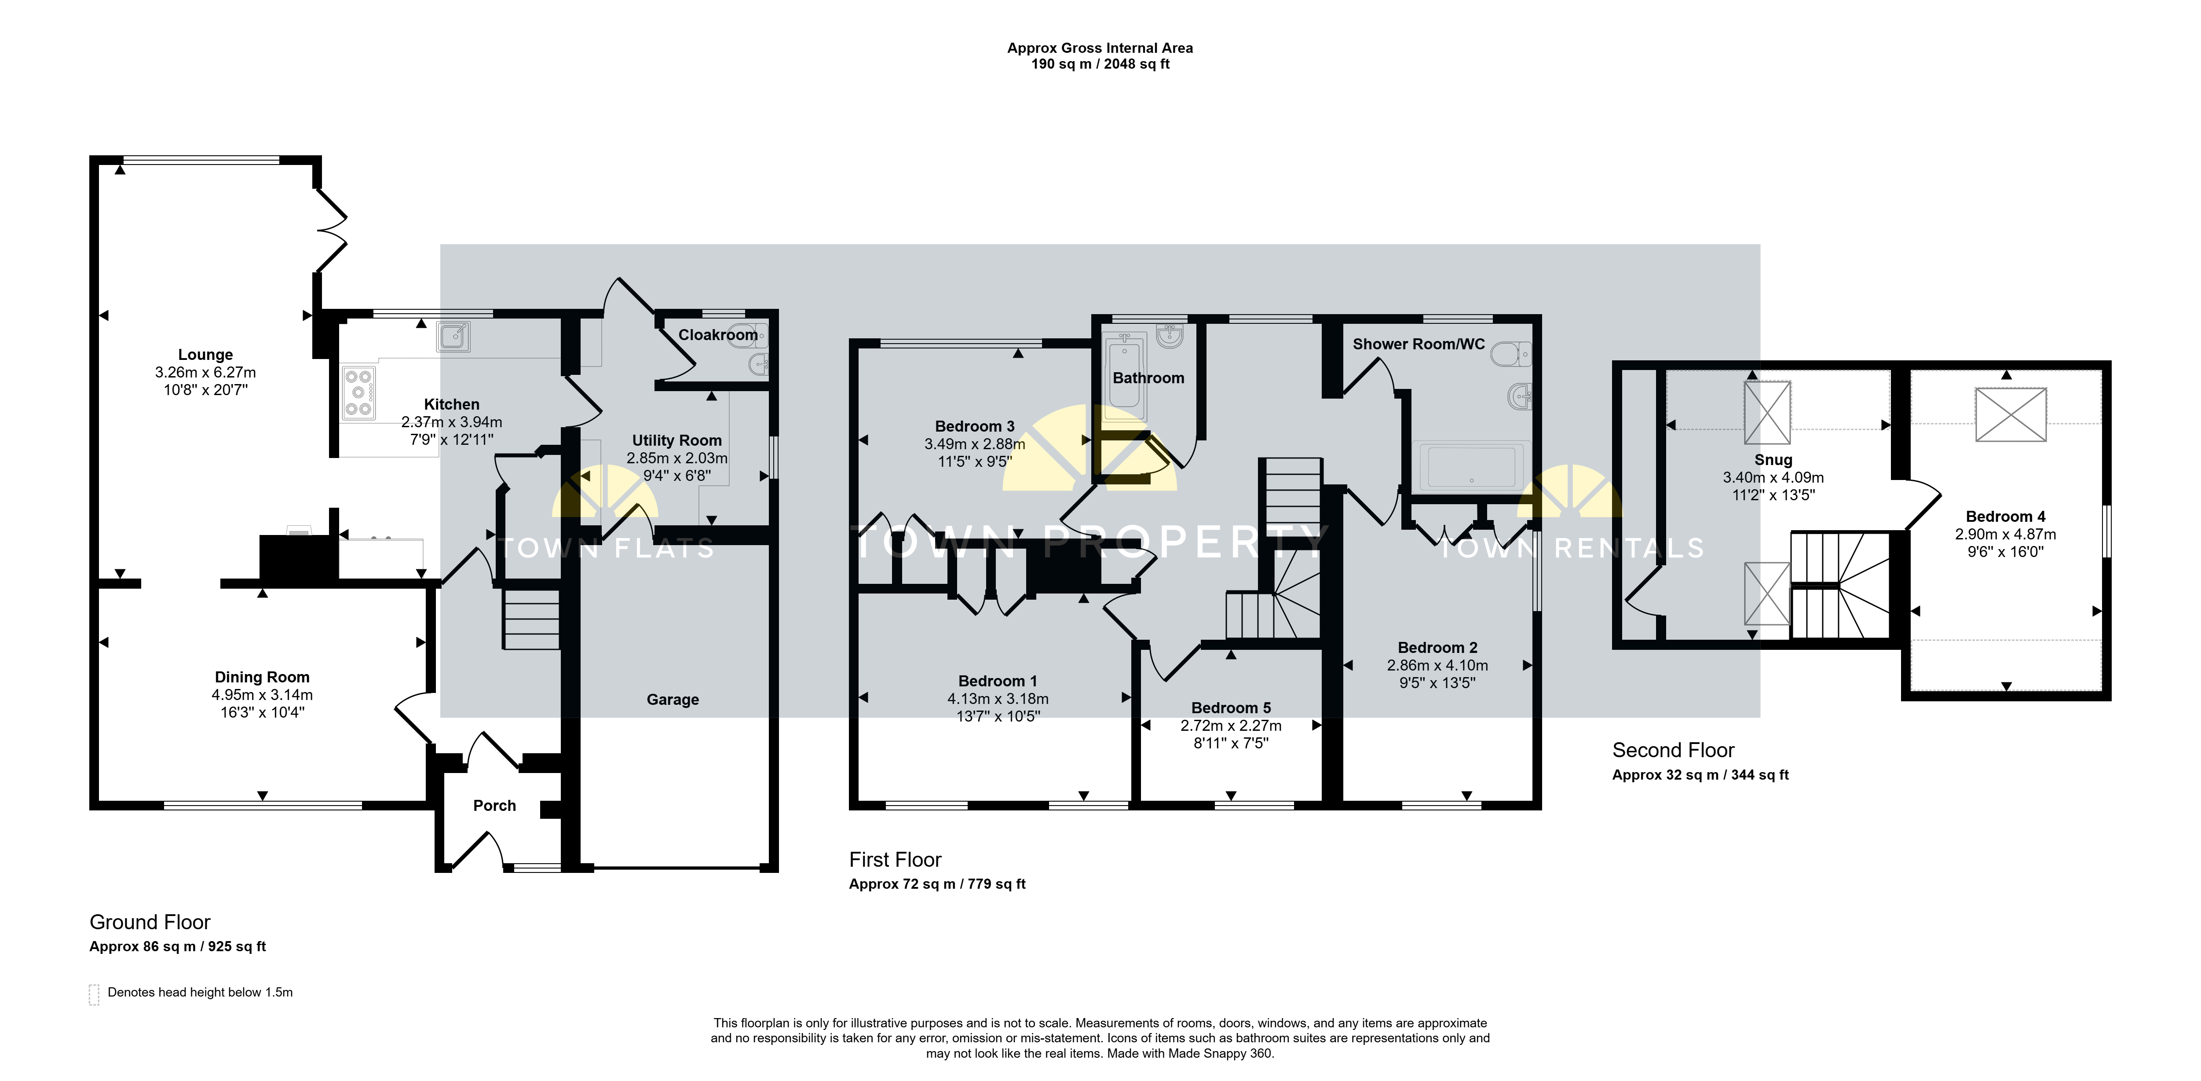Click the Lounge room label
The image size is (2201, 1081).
pyautogui.click(x=205, y=355)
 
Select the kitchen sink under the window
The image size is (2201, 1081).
pyautogui.click(x=453, y=337)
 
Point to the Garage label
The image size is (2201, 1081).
pyautogui.click(x=673, y=700)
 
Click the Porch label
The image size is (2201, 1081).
pyautogui.click(x=495, y=806)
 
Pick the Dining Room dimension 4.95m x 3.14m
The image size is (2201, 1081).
pyautogui.click(x=262, y=695)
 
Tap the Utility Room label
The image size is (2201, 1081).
pyautogui.click(x=676, y=440)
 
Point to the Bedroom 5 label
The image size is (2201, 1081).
pyautogui.click(x=1231, y=707)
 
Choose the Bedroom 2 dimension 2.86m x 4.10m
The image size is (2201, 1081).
pyautogui.click(x=1437, y=665)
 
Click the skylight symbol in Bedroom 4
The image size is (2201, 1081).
pyautogui.click(x=2011, y=414)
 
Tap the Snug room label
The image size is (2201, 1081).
pyautogui.click(x=1773, y=460)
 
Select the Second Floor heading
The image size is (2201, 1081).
pyautogui.click(x=1673, y=750)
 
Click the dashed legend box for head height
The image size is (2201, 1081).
pyautogui.click(x=94, y=995)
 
